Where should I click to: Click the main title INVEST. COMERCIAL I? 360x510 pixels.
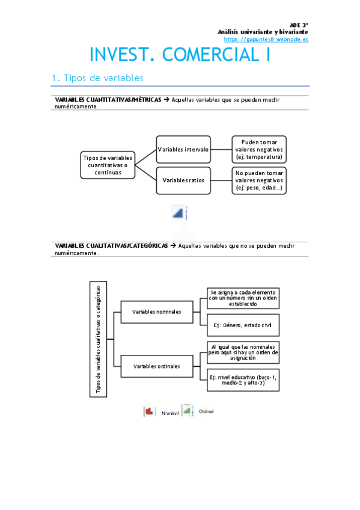(180, 55)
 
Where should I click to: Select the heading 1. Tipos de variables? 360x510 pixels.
(97, 78)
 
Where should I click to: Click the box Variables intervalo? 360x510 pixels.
(183, 149)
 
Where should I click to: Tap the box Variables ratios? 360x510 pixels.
(183, 180)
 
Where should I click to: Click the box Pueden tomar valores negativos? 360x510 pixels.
(258, 149)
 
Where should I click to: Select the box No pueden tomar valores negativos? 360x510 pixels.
(258, 180)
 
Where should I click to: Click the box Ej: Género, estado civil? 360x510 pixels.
(242, 325)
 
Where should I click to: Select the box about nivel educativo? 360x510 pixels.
(242, 379)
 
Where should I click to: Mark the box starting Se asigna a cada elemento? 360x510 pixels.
(242, 298)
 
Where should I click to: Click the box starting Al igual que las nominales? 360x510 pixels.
(242, 352)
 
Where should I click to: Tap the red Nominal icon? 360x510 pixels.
(148, 411)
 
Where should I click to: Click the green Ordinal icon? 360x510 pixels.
(188, 410)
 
